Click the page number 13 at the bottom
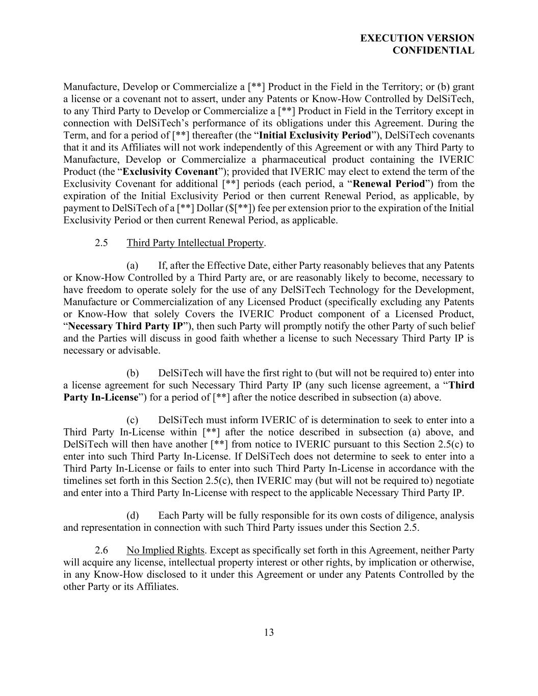[269, 633]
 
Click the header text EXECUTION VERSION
[417, 38]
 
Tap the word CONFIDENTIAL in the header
[433, 50]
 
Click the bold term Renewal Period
[389, 184]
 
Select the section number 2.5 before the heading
[101, 243]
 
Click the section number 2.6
[101, 551]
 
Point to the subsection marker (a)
[133, 266]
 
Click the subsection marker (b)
[133, 373]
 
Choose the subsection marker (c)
[133, 420]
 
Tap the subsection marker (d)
[133, 515]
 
